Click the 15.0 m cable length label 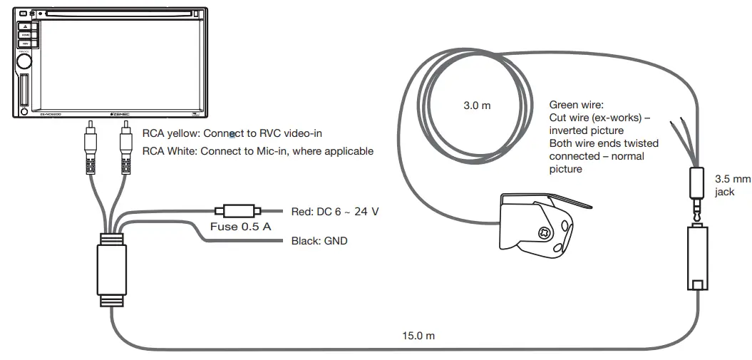tap(419, 336)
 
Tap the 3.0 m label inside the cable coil tap(477, 106)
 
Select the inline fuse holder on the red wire tap(237, 211)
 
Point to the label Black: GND tap(319, 242)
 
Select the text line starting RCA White tap(257, 151)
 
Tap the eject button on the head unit tap(25, 26)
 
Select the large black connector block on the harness tap(112, 269)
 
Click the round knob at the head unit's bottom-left tap(25, 111)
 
